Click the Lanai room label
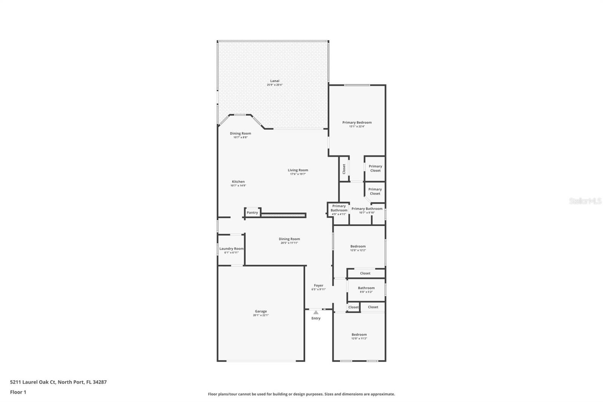[275, 81]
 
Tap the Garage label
[261, 311]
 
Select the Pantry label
[252, 213]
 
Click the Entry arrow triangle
[316, 312]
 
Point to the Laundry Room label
[231, 249]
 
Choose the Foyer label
[318, 285]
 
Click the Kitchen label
[238, 181]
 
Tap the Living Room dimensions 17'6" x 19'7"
[298, 174]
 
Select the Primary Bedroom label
[357, 122]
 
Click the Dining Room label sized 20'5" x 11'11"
[289, 239]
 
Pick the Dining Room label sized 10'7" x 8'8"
[240, 133]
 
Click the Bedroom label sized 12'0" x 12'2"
[358, 246]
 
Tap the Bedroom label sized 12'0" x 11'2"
[359, 334]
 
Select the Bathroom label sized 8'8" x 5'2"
[366, 288]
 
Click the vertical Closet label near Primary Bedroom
[344, 169]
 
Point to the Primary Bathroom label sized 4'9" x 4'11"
[339, 208]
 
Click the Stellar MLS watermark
[585, 201]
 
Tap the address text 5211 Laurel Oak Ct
[33, 382]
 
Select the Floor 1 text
[18, 392]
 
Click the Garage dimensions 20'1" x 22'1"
[261, 315]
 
